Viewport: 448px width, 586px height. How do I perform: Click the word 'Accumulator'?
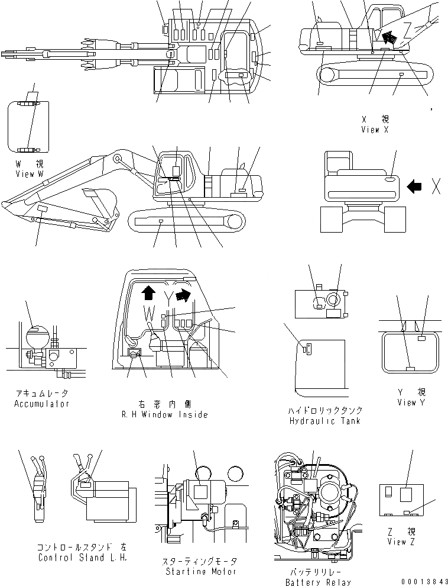(41, 404)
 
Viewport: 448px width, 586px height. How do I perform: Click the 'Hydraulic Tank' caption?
(326, 421)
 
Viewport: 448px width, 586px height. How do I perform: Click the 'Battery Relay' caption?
(313, 582)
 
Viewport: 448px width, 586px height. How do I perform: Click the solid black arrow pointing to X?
(415, 186)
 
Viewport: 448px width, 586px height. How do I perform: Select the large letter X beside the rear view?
(436, 186)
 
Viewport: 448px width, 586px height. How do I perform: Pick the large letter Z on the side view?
(407, 30)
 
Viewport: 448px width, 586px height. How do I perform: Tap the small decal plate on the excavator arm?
(43, 210)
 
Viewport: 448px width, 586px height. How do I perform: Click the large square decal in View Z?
(407, 494)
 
